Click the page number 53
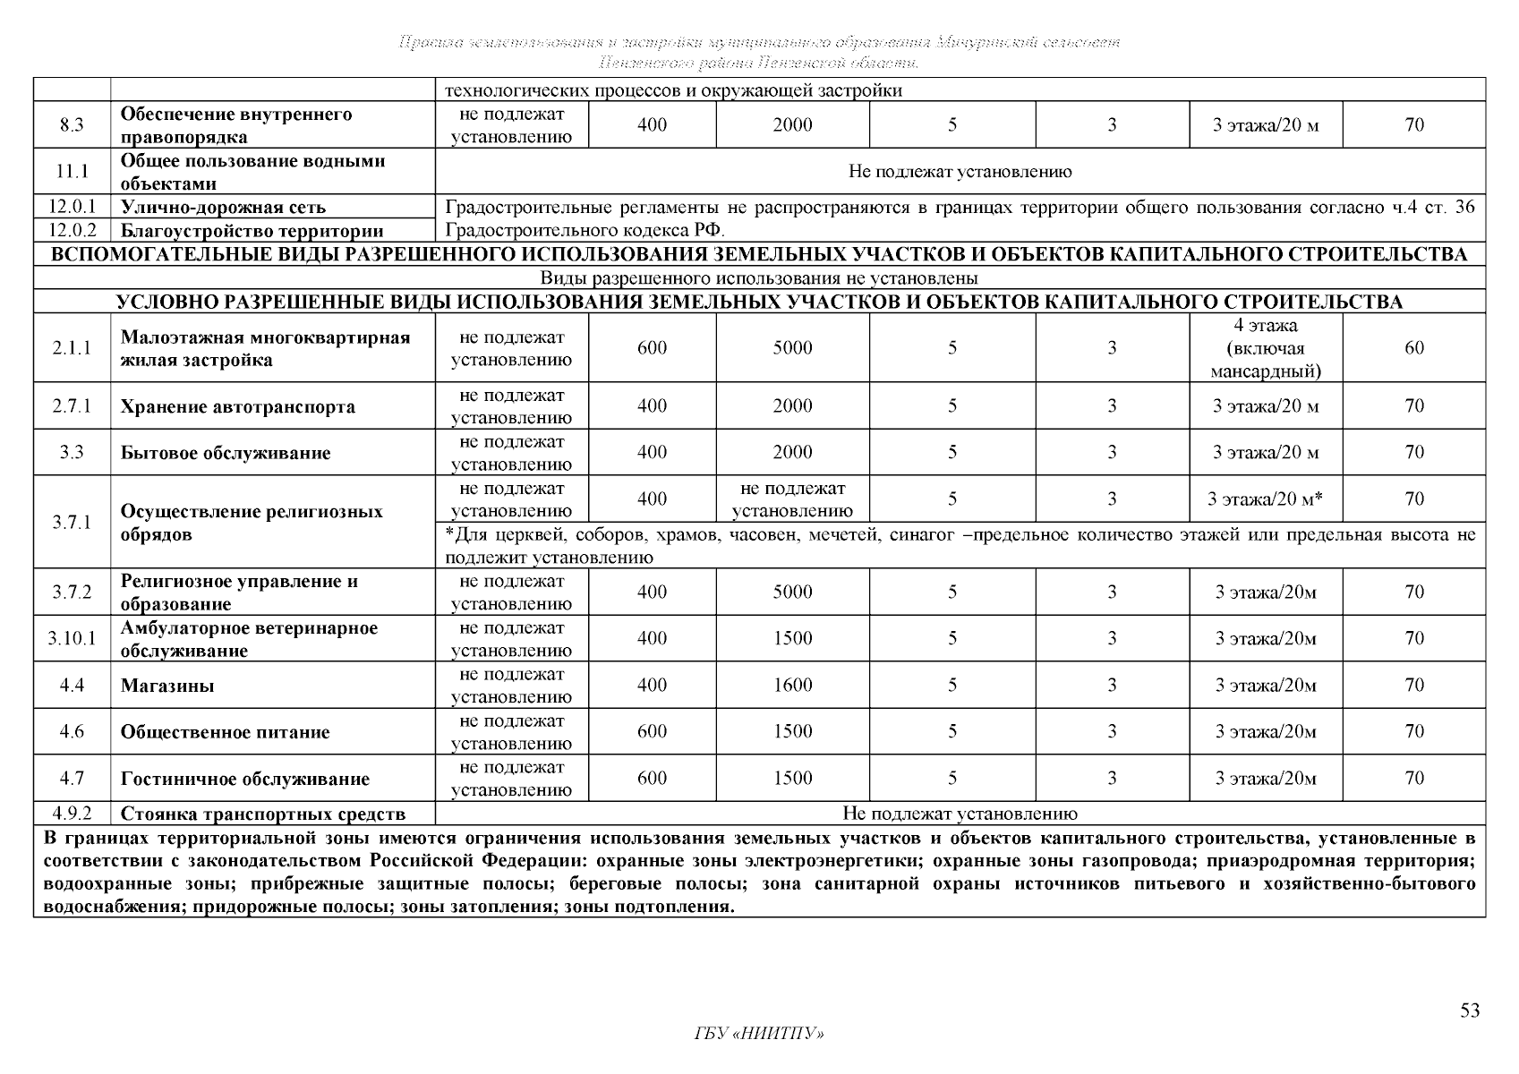(1470, 1010)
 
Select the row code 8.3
(72, 125)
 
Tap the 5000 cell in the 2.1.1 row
(792, 348)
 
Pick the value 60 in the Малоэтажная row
(1414, 348)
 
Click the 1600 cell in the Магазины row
(792, 686)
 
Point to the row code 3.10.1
(72, 639)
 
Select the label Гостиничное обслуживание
(245, 779)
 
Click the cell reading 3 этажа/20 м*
(1265, 499)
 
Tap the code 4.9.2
(72, 814)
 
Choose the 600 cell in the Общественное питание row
(652, 732)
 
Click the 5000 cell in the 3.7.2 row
(792, 592)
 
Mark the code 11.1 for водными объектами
(72, 172)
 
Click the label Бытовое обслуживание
(226, 453)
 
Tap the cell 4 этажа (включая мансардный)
(1265, 348)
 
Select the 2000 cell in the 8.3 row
(792, 125)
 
